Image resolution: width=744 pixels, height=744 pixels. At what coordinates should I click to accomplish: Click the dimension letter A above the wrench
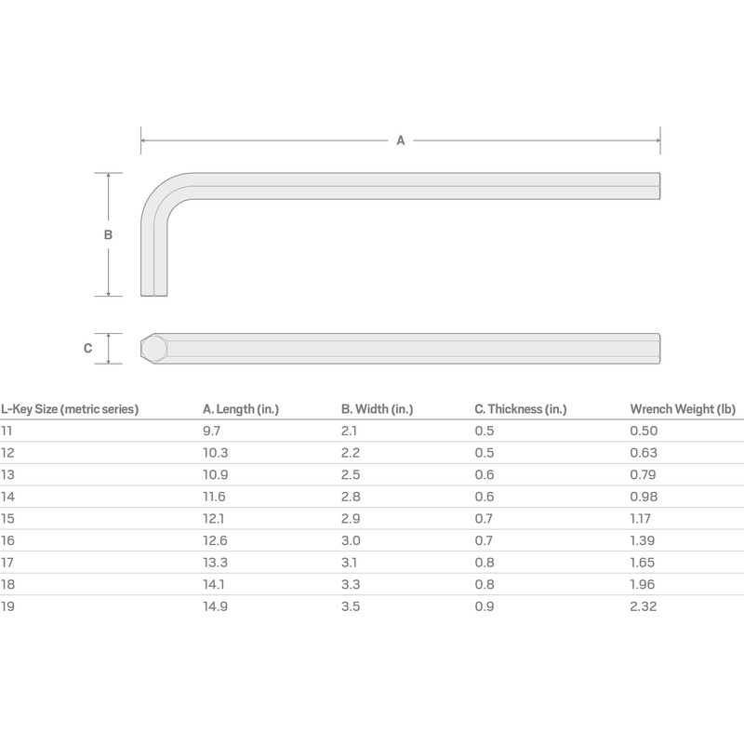click(401, 141)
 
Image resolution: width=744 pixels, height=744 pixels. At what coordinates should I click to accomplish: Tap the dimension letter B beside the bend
click(108, 235)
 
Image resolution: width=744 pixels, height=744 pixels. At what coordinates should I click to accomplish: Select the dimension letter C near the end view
click(87, 349)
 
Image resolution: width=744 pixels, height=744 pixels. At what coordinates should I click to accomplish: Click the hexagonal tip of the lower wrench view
click(153, 349)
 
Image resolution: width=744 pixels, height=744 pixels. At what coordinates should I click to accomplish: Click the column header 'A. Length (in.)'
click(241, 408)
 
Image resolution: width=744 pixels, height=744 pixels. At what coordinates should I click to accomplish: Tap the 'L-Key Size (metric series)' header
click(70, 408)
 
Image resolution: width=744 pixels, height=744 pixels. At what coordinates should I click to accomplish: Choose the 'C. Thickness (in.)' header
click(520, 408)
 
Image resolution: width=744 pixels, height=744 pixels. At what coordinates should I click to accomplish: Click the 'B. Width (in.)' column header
click(378, 408)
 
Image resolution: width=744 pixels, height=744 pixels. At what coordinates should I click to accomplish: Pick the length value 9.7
click(211, 431)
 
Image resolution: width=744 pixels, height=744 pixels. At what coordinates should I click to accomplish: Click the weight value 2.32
click(643, 606)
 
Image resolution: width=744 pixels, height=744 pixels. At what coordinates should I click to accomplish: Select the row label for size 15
click(7, 519)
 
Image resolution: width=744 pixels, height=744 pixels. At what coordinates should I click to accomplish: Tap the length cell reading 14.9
click(215, 606)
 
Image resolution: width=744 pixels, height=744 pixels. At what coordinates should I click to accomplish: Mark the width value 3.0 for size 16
click(350, 541)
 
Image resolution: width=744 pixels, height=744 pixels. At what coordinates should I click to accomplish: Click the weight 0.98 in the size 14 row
click(643, 497)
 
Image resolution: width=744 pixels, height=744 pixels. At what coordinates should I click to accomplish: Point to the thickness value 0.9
click(484, 606)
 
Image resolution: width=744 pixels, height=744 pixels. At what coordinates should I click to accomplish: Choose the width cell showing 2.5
click(350, 474)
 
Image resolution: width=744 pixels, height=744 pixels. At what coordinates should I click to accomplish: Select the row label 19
click(7, 606)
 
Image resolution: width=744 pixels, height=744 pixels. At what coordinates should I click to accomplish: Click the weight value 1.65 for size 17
click(643, 563)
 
